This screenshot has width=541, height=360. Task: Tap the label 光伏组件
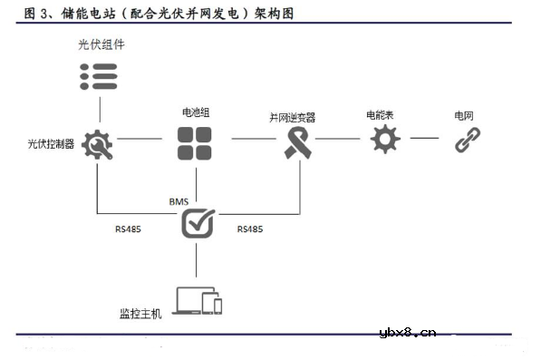click(99, 44)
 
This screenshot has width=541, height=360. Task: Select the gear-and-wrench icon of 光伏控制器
click(97, 144)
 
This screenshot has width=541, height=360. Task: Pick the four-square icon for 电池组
click(196, 143)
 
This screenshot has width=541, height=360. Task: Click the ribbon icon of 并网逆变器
click(298, 142)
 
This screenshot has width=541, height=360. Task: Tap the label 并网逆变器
click(292, 117)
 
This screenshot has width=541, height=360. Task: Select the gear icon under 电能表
click(383, 140)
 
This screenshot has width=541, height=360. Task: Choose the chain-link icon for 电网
click(467, 139)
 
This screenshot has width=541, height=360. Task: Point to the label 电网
click(463, 116)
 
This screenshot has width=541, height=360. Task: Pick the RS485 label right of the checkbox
click(250, 230)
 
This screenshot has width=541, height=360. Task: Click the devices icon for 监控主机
click(198, 301)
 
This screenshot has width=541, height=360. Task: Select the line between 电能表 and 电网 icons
click(424, 139)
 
